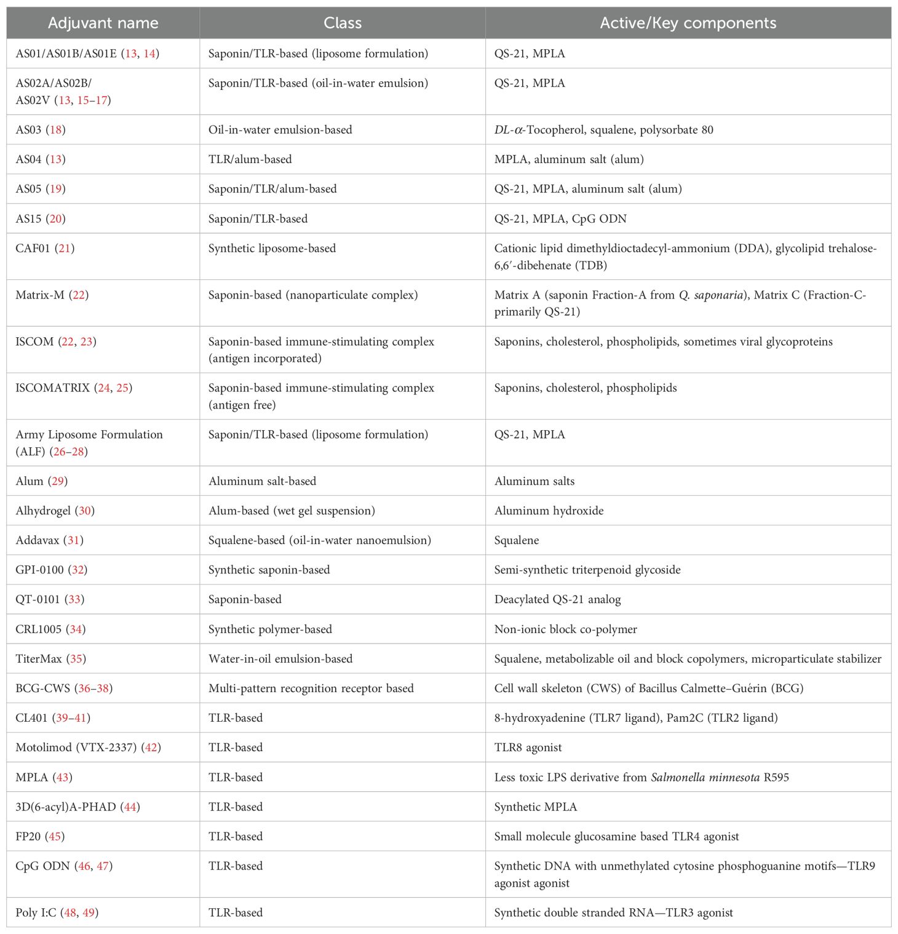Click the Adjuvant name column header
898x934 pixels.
[x=103, y=23]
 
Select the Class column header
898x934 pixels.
[x=343, y=23]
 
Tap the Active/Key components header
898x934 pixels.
[x=688, y=23]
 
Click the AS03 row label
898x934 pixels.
[x=29, y=130]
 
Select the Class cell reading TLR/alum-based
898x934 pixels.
[x=250, y=159]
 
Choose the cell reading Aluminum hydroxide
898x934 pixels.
[x=549, y=511]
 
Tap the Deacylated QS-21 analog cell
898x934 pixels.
[x=557, y=599]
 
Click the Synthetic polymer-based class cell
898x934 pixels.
[x=270, y=629]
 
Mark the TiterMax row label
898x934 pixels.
[x=39, y=659]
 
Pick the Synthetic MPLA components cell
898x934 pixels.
[x=536, y=807]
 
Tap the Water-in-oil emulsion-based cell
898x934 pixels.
[x=280, y=659]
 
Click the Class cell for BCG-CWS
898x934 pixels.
[x=311, y=689]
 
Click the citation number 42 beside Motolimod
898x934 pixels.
[x=151, y=748]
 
